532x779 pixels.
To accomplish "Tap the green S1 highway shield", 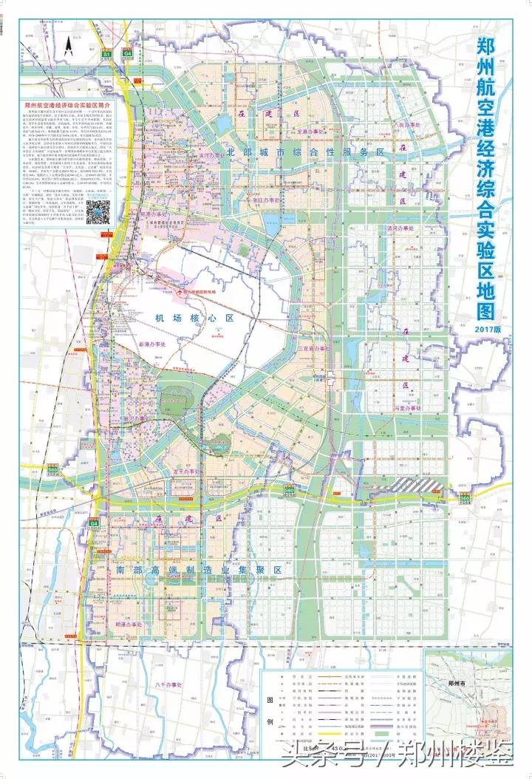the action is pos(106,55).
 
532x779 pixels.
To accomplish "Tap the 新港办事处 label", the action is pos(153,344).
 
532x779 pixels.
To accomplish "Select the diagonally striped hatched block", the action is pos(417,483).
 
